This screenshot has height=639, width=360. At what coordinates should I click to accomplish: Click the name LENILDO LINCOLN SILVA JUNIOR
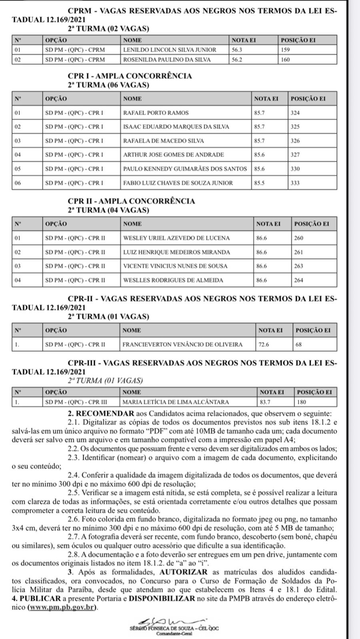coord(170,50)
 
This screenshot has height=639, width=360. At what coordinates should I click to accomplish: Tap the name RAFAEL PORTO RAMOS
coord(156,113)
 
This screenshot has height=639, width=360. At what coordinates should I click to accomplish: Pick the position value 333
coord(295,183)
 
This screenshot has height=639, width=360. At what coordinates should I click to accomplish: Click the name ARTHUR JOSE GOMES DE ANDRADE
coord(174,155)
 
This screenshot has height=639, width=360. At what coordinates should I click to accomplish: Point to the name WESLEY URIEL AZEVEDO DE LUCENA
coord(176,238)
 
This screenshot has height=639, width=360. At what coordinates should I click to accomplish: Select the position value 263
coord(299,266)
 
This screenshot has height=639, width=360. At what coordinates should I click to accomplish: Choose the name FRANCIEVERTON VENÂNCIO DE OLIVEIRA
coord(182,344)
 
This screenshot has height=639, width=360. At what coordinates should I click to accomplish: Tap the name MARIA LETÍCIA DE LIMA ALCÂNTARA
coord(176,402)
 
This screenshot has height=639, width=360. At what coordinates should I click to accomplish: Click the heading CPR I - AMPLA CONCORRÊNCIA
coord(130,76)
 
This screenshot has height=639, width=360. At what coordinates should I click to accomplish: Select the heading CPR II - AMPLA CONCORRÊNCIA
coord(132,201)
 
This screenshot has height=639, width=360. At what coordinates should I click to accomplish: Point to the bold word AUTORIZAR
coord(184,572)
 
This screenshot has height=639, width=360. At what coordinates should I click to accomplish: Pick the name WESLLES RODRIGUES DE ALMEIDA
coord(173,280)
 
